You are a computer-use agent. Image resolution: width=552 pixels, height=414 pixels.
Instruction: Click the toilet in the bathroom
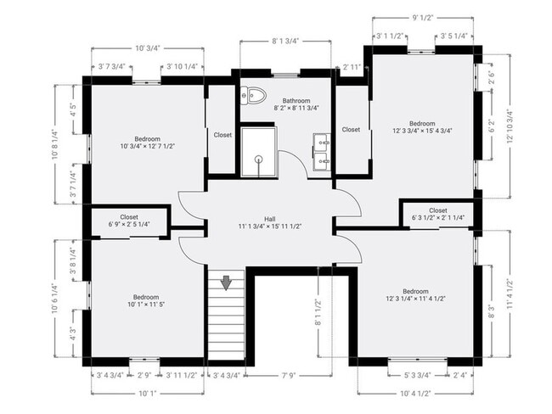pos(253,94)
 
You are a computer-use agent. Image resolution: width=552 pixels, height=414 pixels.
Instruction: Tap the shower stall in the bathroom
pos(258,151)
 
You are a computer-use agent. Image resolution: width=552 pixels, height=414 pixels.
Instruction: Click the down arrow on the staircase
pos(226,283)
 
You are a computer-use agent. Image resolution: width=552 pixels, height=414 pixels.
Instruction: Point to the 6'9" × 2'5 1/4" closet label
pos(129,221)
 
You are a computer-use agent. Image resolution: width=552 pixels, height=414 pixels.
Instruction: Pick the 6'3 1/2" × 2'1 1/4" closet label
pos(438,215)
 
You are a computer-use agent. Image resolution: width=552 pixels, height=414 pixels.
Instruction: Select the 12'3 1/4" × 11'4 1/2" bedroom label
pos(415,294)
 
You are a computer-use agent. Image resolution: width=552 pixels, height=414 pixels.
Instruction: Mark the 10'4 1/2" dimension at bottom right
pos(416,392)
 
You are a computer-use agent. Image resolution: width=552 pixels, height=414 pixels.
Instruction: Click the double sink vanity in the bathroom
pos(322,151)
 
